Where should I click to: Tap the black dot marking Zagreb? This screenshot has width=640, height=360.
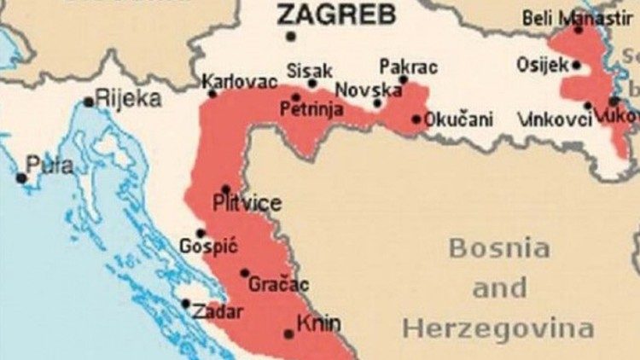[291, 37]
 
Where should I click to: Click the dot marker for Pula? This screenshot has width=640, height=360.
[21, 177]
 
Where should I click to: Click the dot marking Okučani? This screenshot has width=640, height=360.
[416, 119]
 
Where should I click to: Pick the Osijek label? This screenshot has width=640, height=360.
[543, 64]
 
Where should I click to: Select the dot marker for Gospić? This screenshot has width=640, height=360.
[201, 233]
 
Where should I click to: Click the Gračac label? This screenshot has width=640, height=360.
[278, 285]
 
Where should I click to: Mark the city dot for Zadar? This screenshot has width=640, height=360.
[186, 303]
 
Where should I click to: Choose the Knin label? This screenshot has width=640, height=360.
[318, 324]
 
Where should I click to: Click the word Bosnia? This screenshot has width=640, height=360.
[499, 248]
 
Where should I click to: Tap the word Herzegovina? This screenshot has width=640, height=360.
[498, 328]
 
